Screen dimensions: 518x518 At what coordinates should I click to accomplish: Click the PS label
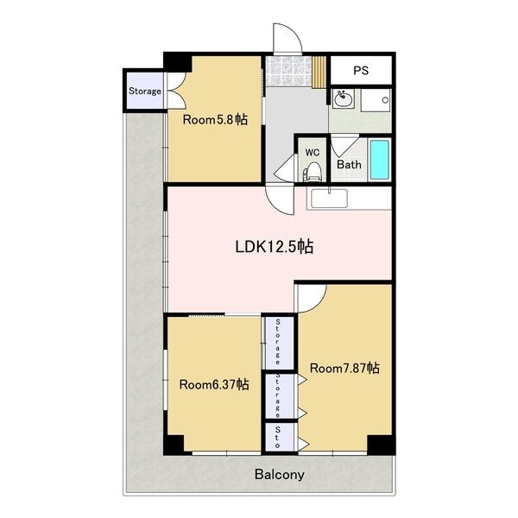(x=361, y=71)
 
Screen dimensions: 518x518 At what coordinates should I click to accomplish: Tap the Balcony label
(x=280, y=475)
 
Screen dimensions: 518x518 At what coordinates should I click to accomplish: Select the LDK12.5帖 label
(x=275, y=246)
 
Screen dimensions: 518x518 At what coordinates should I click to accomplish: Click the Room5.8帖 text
(x=215, y=119)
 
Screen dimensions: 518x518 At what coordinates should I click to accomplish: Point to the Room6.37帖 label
(x=214, y=384)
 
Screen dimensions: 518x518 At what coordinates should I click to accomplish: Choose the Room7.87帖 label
(x=344, y=368)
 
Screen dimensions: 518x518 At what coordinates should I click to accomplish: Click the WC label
(x=313, y=152)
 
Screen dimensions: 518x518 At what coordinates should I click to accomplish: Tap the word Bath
(x=349, y=164)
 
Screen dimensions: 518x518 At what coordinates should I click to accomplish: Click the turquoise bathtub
(x=379, y=160)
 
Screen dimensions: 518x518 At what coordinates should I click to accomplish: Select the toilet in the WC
(x=311, y=174)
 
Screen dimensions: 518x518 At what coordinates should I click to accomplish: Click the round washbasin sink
(x=344, y=98)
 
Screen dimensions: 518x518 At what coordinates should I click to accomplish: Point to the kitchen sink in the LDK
(x=330, y=199)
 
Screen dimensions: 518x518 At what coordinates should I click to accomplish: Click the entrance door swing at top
(x=287, y=38)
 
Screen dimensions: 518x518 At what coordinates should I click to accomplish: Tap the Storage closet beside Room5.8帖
(x=145, y=91)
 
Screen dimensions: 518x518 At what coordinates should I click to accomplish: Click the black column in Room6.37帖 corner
(x=174, y=445)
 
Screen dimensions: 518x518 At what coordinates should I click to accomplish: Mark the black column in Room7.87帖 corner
(x=381, y=445)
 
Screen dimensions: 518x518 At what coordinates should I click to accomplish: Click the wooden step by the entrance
(x=319, y=72)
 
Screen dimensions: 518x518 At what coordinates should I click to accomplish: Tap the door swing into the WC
(x=285, y=167)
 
